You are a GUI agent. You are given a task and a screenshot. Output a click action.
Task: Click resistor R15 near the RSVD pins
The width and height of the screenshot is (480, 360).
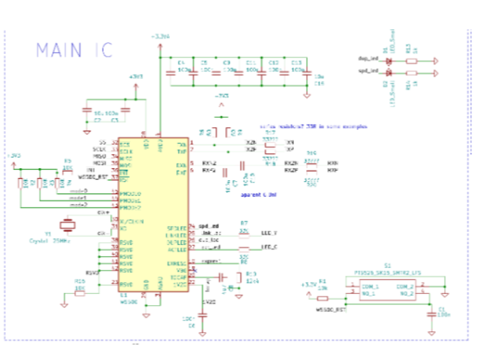[x=80, y=291]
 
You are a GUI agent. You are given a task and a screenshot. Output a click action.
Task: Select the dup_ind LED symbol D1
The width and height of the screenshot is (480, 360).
[x=389, y=61]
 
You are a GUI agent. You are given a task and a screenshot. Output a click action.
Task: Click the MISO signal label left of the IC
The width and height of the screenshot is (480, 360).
[x=99, y=156]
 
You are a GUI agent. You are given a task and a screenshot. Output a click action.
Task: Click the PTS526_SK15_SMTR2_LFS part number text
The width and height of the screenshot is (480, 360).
[x=387, y=273]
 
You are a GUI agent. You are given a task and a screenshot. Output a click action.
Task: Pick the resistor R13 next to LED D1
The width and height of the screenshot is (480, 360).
[x=412, y=61]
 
